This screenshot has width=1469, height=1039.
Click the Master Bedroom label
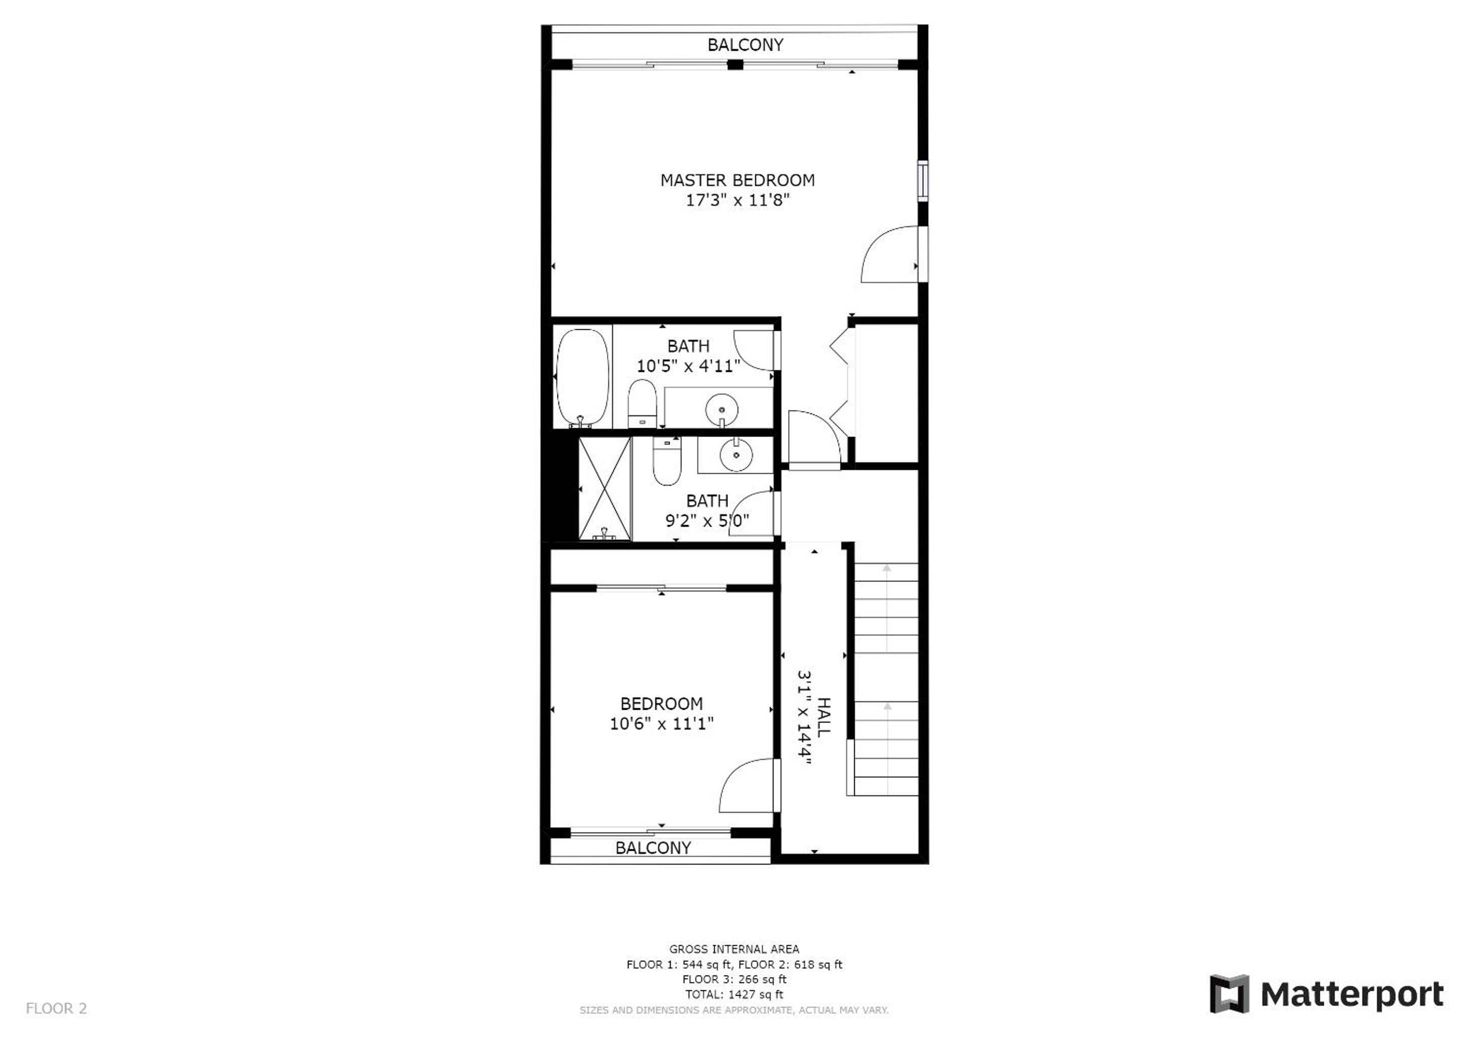[x=737, y=181]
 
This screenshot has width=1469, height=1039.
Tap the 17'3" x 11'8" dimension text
[x=737, y=200]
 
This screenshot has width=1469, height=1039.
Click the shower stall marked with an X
[x=604, y=488]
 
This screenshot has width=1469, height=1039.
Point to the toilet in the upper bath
[x=642, y=403]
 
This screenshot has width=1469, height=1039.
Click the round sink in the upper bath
[x=722, y=409]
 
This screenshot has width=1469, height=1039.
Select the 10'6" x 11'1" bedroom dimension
[x=662, y=723]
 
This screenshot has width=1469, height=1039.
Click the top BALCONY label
[x=745, y=45]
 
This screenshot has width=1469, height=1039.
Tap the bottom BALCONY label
[x=653, y=848]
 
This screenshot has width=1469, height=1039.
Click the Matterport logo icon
[x=1229, y=993]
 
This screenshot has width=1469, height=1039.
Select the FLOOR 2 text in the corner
[x=56, y=1008]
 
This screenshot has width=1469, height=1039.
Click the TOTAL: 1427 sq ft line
[x=734, y=994]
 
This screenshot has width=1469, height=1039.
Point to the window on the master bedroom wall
[x=923, y=182]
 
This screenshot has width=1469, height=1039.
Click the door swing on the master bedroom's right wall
[x=891, y=254]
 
